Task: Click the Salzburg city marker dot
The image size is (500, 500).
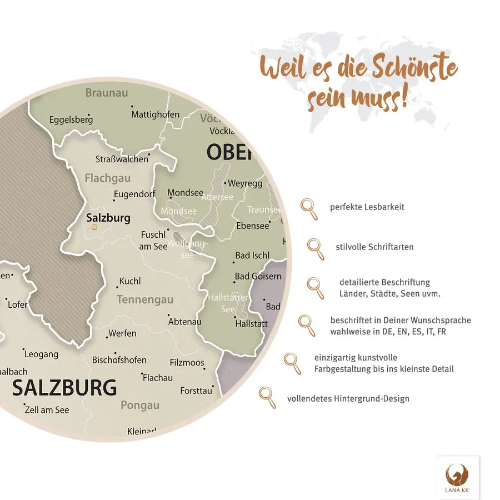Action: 94,227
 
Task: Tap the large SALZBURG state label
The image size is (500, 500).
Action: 64,388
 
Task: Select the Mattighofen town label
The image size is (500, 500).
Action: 156,114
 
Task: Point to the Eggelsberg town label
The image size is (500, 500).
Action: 71,119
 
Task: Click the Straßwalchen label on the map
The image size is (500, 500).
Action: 122,159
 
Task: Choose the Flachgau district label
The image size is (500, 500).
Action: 108,178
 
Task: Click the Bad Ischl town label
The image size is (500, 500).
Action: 252,256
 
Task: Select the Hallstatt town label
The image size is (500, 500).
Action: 251,323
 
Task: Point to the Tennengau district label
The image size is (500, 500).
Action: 145,300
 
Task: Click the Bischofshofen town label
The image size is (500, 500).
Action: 119,360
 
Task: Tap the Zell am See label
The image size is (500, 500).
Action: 47,410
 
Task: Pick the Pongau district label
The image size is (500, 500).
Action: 140,405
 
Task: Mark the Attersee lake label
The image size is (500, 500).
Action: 217,197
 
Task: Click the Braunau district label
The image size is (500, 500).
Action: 107,93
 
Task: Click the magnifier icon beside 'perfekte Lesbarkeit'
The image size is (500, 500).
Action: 309,209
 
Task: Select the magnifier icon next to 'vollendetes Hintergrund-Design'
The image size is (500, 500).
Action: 268,397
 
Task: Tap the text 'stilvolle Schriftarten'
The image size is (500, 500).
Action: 374,247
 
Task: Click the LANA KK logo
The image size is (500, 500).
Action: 457,477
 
